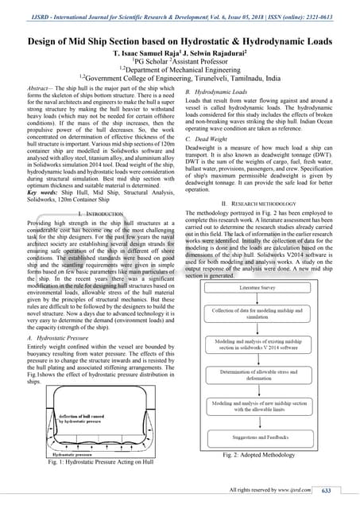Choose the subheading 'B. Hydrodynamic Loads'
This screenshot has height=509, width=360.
pyautogui.click(x=219, y=93)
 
